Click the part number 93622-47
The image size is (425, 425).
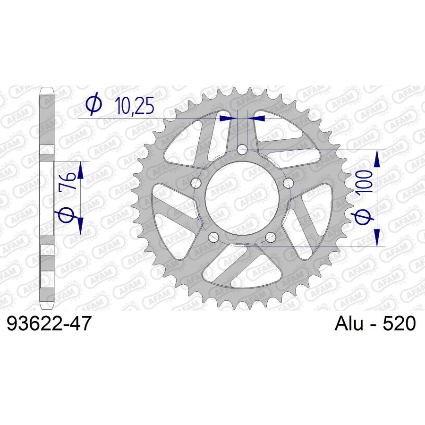(49, 324)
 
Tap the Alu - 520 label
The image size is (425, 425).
(375, 323)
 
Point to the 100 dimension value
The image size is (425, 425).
(364, 181)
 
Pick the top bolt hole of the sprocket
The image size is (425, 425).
(242, 150)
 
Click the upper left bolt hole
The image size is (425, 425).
(196, 183)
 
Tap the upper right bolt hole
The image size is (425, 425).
(288, 183)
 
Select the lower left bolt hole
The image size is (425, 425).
(213, 238)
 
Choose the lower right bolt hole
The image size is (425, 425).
(271, 238)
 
